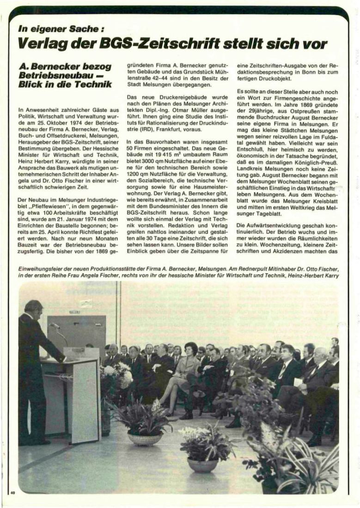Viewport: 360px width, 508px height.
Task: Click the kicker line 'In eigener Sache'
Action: tap(58, 28)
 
